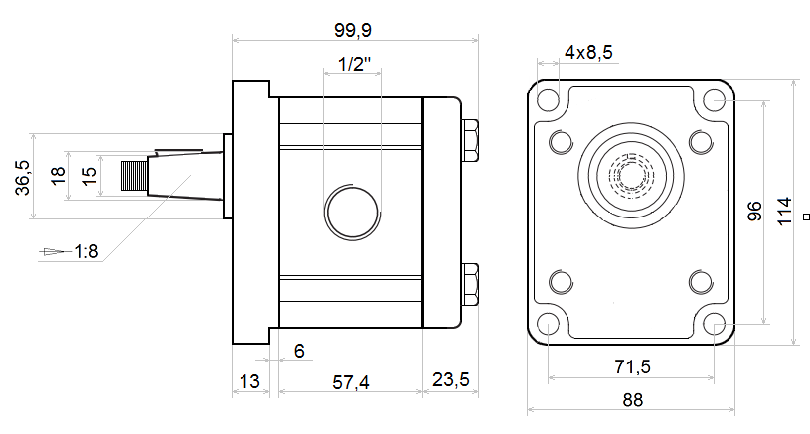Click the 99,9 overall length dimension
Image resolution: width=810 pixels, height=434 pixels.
[353, 30]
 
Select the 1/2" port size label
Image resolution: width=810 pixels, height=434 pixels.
[355, 64]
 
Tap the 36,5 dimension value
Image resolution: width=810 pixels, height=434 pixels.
[23, 177]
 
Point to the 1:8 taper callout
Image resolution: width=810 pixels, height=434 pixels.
[86, 252]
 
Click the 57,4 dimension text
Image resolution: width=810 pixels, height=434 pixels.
[351, 382]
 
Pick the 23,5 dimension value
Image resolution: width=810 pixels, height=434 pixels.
[451, 379]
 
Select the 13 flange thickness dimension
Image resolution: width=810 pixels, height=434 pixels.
[249, 382]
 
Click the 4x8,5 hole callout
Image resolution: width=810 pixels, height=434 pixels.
[588, 52]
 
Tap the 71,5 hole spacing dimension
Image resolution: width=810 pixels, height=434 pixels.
[633, 366]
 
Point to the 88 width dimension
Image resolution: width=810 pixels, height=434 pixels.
[633, 400]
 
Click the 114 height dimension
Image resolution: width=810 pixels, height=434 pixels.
[785, 212]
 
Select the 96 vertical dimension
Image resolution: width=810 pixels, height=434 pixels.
[754, 212]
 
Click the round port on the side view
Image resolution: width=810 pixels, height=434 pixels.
[352, 213]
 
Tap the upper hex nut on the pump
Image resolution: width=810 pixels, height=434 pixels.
[470, 140]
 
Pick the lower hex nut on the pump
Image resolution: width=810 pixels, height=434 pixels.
[470, 284]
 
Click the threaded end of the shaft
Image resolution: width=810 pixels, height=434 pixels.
[134, 176]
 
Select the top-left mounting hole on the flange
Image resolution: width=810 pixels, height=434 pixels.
[548, 99]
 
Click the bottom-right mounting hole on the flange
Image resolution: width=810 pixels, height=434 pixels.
[715, 324]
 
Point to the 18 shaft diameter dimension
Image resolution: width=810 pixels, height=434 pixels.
[58, 176]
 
